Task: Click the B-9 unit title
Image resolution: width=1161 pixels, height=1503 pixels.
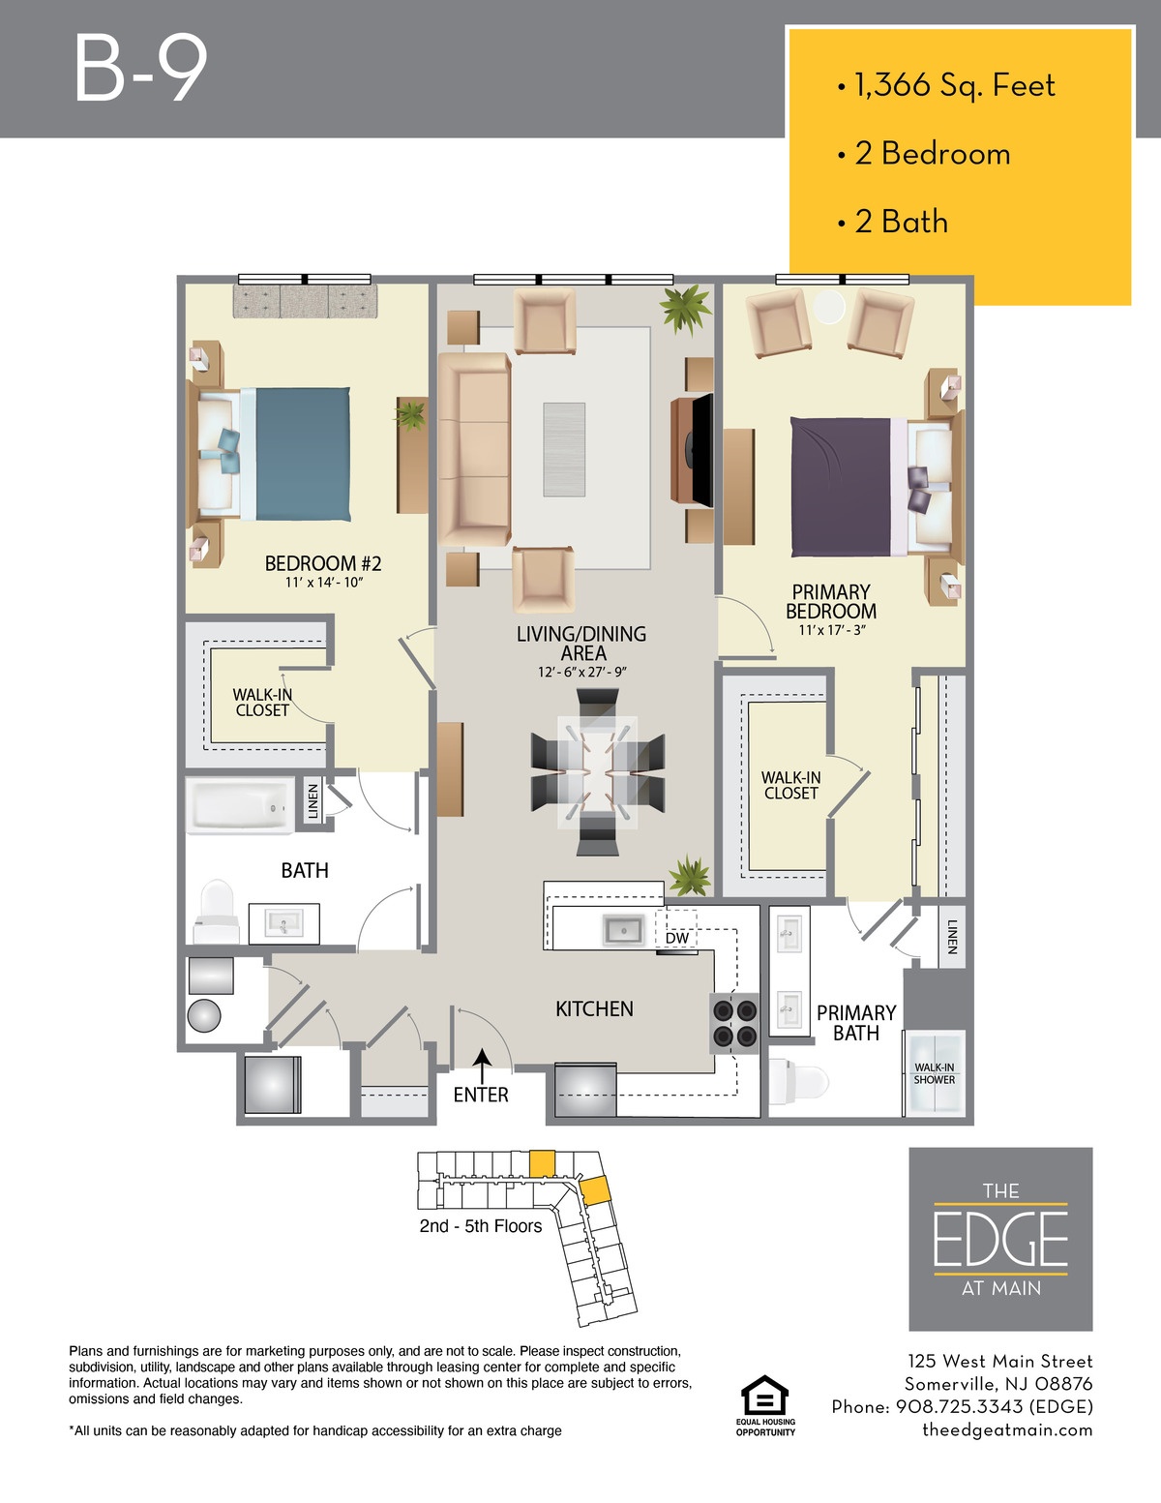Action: tap(141, 69)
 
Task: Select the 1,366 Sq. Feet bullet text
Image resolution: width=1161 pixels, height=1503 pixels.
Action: tap(954, 85)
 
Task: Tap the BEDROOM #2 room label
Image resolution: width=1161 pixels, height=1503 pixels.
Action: tap(323, 563)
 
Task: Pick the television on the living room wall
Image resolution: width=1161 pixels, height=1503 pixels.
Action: tap(701, 450)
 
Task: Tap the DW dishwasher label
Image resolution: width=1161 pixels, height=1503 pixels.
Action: tap(677, 938)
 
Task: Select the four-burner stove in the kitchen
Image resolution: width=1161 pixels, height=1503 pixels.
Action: tap(734, 1024)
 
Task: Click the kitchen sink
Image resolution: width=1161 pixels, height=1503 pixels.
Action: tap(624, 930)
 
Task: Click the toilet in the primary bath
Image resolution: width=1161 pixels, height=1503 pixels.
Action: tap(798, 1082)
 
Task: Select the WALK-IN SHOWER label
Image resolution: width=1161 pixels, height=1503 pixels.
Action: tap(935, 1073)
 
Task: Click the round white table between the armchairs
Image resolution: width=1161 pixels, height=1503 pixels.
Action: tap(828, 307)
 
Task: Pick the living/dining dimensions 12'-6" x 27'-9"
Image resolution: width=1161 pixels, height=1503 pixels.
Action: tap(582, 672)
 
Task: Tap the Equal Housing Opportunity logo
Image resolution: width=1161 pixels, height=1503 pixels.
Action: tap(764, 1405)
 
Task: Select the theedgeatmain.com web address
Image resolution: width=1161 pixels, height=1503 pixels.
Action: tap(1007, 1429)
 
